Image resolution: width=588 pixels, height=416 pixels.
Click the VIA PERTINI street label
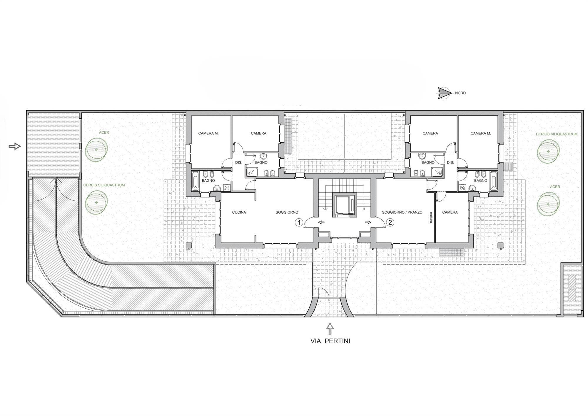330,341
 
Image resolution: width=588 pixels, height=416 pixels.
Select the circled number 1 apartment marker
299,222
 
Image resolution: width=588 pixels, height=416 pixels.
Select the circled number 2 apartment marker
390,222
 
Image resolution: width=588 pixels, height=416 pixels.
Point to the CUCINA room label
239,212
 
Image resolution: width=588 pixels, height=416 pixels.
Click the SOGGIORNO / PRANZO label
402,212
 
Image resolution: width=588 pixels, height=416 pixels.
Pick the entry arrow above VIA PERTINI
330,328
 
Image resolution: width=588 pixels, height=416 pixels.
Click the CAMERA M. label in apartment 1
208,133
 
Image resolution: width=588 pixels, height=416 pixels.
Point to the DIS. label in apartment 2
450,162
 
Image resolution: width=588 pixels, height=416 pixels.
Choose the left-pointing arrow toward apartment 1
321,222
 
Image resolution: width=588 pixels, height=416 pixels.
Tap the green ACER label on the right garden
555,187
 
